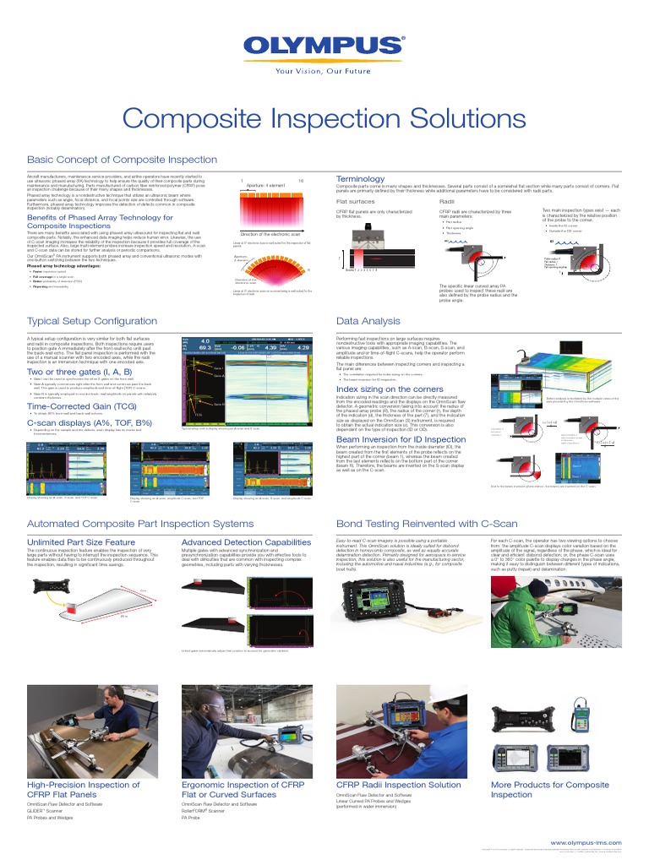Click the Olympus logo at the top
(x=324, y=46)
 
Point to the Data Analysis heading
(x=368, y=321)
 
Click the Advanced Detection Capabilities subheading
(x=241, y=541)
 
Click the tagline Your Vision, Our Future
(x=324, y=71)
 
